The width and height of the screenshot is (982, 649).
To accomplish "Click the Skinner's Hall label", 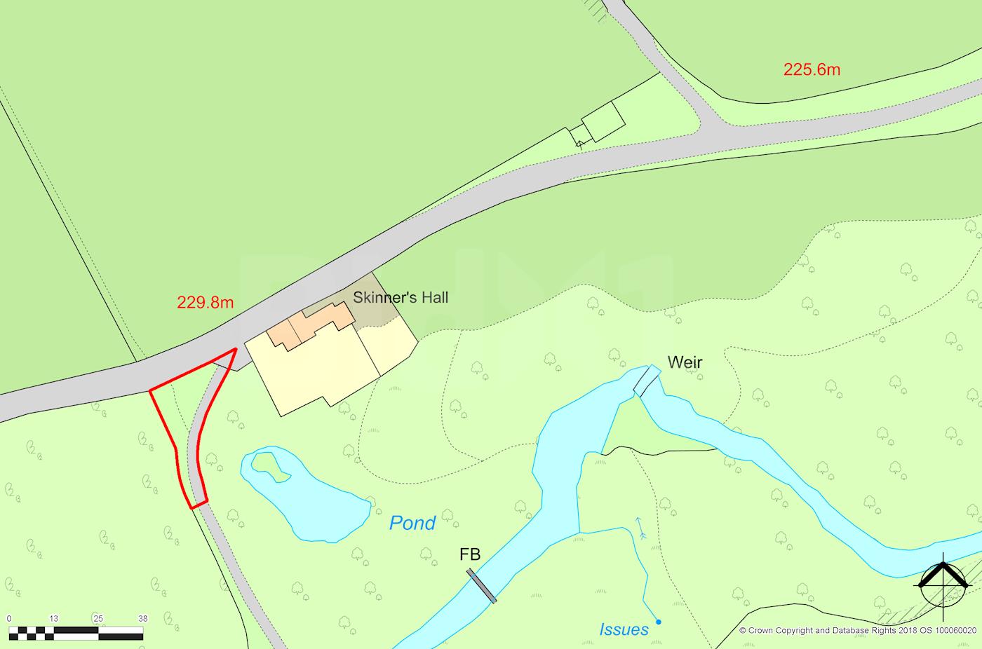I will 400,298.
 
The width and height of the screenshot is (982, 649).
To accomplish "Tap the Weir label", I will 685,362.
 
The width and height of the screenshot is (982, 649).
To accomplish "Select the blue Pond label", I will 412,523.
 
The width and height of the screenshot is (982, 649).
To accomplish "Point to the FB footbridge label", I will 470,554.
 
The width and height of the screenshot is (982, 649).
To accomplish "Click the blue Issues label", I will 624,629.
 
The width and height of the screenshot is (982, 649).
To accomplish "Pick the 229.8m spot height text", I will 205,303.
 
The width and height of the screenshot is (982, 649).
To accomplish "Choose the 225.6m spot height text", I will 812,69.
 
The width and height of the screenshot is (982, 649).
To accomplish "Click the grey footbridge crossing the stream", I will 482,586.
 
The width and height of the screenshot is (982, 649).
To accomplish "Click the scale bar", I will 76,634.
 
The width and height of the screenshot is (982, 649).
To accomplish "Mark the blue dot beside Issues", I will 658,622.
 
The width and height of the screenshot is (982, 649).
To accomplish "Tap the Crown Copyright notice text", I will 857,630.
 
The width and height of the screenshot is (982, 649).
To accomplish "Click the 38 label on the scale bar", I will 142,618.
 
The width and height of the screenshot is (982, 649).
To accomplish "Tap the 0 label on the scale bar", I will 8,618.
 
